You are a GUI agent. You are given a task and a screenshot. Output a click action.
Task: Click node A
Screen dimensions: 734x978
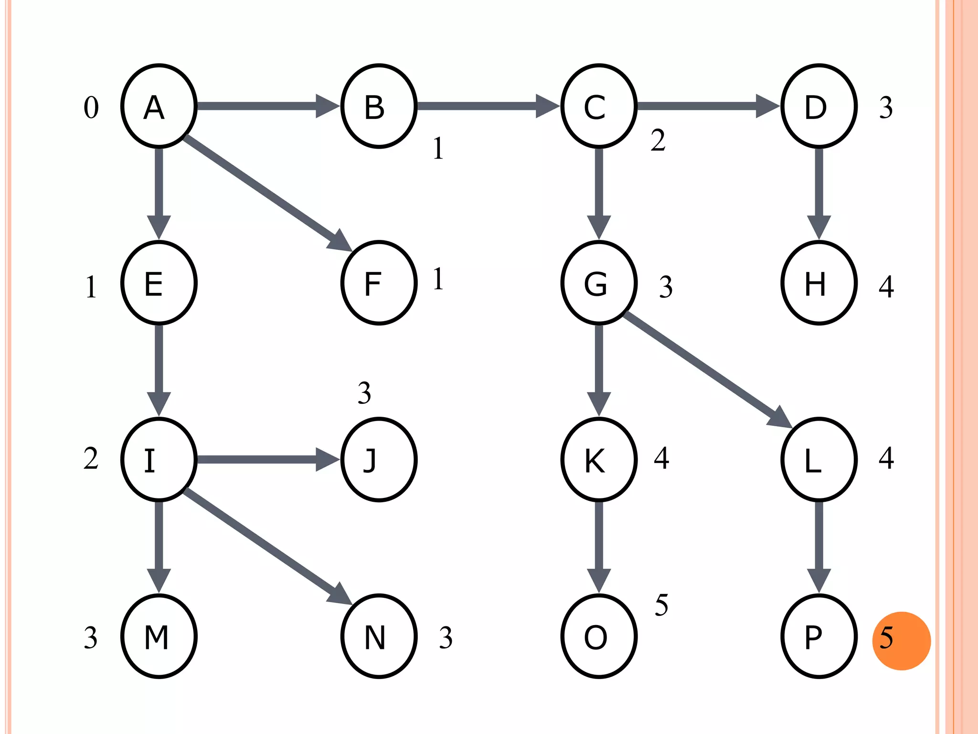(x=159, y=106)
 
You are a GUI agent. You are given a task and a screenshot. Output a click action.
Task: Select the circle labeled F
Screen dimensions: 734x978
(x=379, y=283)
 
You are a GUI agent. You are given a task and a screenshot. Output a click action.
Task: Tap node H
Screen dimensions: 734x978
(x=819, y=283)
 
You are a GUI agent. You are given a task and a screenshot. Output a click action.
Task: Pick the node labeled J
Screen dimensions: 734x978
(x=379, y=460)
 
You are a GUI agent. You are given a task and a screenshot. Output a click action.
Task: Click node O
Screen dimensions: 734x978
(x=599, y=637)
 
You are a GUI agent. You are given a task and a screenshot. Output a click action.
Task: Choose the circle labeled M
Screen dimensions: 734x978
(x=159, y=637)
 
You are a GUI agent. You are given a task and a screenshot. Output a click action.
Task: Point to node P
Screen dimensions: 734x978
(x=819, y=637)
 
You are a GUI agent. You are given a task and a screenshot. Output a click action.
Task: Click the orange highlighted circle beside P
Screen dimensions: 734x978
(x=901, y=641)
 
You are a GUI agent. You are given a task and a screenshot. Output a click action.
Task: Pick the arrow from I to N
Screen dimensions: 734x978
(x=267, y=547)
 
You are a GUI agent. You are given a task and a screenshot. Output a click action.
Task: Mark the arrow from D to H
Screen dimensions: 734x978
(x=819, y=191)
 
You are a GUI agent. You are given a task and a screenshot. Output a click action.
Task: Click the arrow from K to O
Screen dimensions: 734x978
(x=599, y=545)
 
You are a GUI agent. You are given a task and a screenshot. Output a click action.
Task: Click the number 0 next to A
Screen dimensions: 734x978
(x=91, y=108)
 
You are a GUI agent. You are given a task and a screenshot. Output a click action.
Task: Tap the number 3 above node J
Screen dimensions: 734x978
(x=364, y=393)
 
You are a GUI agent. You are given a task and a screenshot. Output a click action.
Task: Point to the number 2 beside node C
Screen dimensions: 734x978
(x=658, y=140)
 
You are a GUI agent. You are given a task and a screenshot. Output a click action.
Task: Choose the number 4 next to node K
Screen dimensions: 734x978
(x=661, y=458)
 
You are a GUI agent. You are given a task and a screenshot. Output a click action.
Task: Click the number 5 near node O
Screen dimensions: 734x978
(x=661, y=605)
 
